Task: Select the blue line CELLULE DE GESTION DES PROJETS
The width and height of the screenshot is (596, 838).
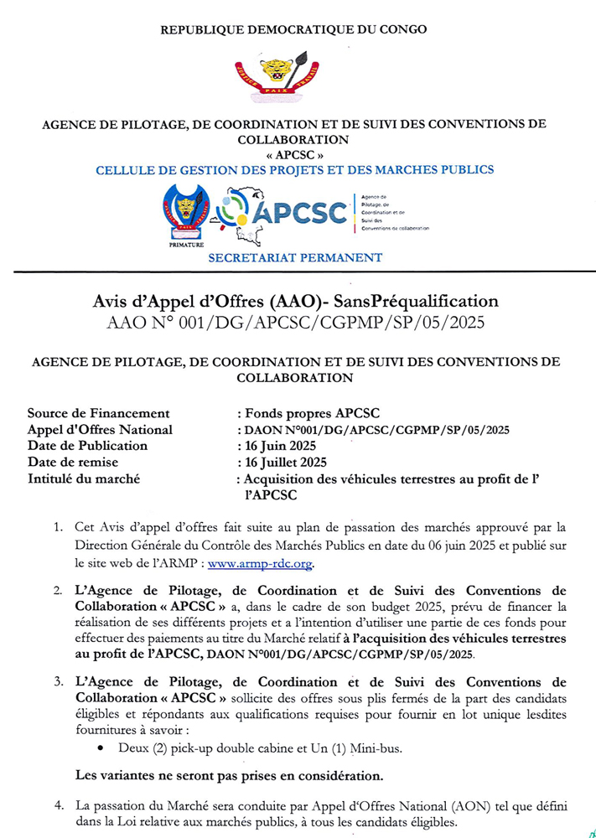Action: click(x=294, y=169)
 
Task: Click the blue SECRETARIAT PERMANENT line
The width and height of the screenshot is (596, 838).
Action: click(x=295, y=258)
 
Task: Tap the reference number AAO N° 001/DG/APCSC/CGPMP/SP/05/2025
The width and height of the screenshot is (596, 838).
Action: click(x=298, y=323)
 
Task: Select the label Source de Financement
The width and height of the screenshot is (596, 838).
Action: click(x=98, y=413)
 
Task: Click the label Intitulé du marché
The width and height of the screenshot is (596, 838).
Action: click(x=83, y=478)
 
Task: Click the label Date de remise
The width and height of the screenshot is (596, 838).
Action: click(x=73, y=462)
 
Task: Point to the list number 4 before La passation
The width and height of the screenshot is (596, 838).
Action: click(x=59, y=805)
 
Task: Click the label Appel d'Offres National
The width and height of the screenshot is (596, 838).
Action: click(x=100, y=430)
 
